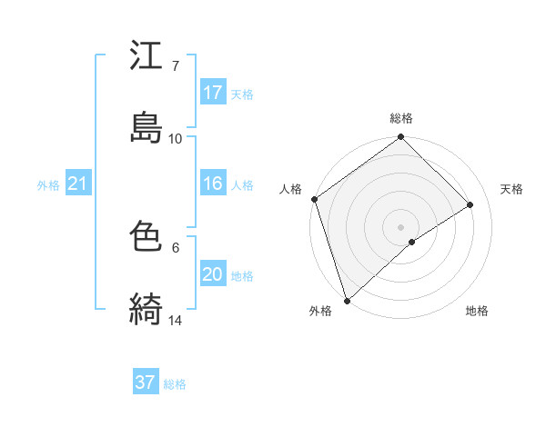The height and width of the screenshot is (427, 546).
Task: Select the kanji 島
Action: point(147,125)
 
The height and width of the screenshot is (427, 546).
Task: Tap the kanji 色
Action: point(147,237)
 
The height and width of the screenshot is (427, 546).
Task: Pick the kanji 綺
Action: point(147,309)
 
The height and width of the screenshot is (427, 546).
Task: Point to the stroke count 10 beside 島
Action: point(176,138)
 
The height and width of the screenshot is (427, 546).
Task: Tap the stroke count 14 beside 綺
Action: point(176,320)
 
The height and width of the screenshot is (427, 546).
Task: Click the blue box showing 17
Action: point(213,93)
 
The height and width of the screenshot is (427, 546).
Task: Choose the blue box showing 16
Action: point(213,184)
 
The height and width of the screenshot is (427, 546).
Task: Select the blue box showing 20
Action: point(213,274)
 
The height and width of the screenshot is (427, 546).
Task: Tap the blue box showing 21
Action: point(78,184)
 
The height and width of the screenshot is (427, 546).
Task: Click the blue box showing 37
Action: point(146,382)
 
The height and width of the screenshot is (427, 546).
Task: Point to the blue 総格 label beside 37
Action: point(175,384)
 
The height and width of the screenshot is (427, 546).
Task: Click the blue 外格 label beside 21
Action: point(48,185)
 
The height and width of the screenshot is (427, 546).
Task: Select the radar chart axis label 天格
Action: point(512,189)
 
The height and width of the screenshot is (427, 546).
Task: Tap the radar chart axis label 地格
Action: point(477,312)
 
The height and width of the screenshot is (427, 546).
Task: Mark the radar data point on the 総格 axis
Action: point(400,138)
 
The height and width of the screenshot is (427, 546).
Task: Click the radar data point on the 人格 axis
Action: point(314,199)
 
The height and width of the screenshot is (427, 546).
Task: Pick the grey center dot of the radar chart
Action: point(400,226)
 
